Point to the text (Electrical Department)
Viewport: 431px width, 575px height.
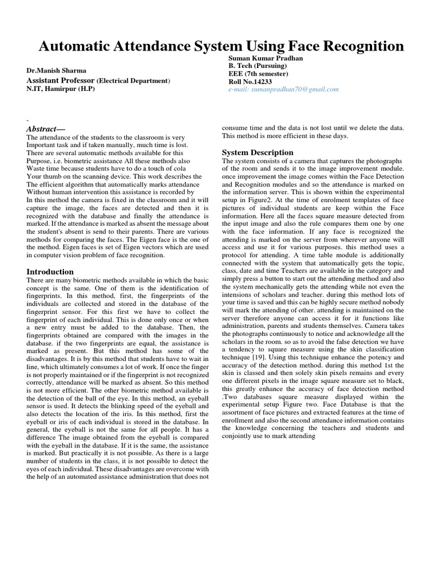[x=134, y=81]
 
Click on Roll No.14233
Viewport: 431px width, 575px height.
[x=249, y=81]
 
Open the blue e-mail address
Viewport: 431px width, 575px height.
[x=283, y=89]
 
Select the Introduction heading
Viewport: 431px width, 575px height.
[x=51, y=272]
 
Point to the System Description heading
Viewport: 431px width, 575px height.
[x=258, y=153]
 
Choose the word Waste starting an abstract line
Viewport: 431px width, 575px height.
[x=36, y=168]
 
